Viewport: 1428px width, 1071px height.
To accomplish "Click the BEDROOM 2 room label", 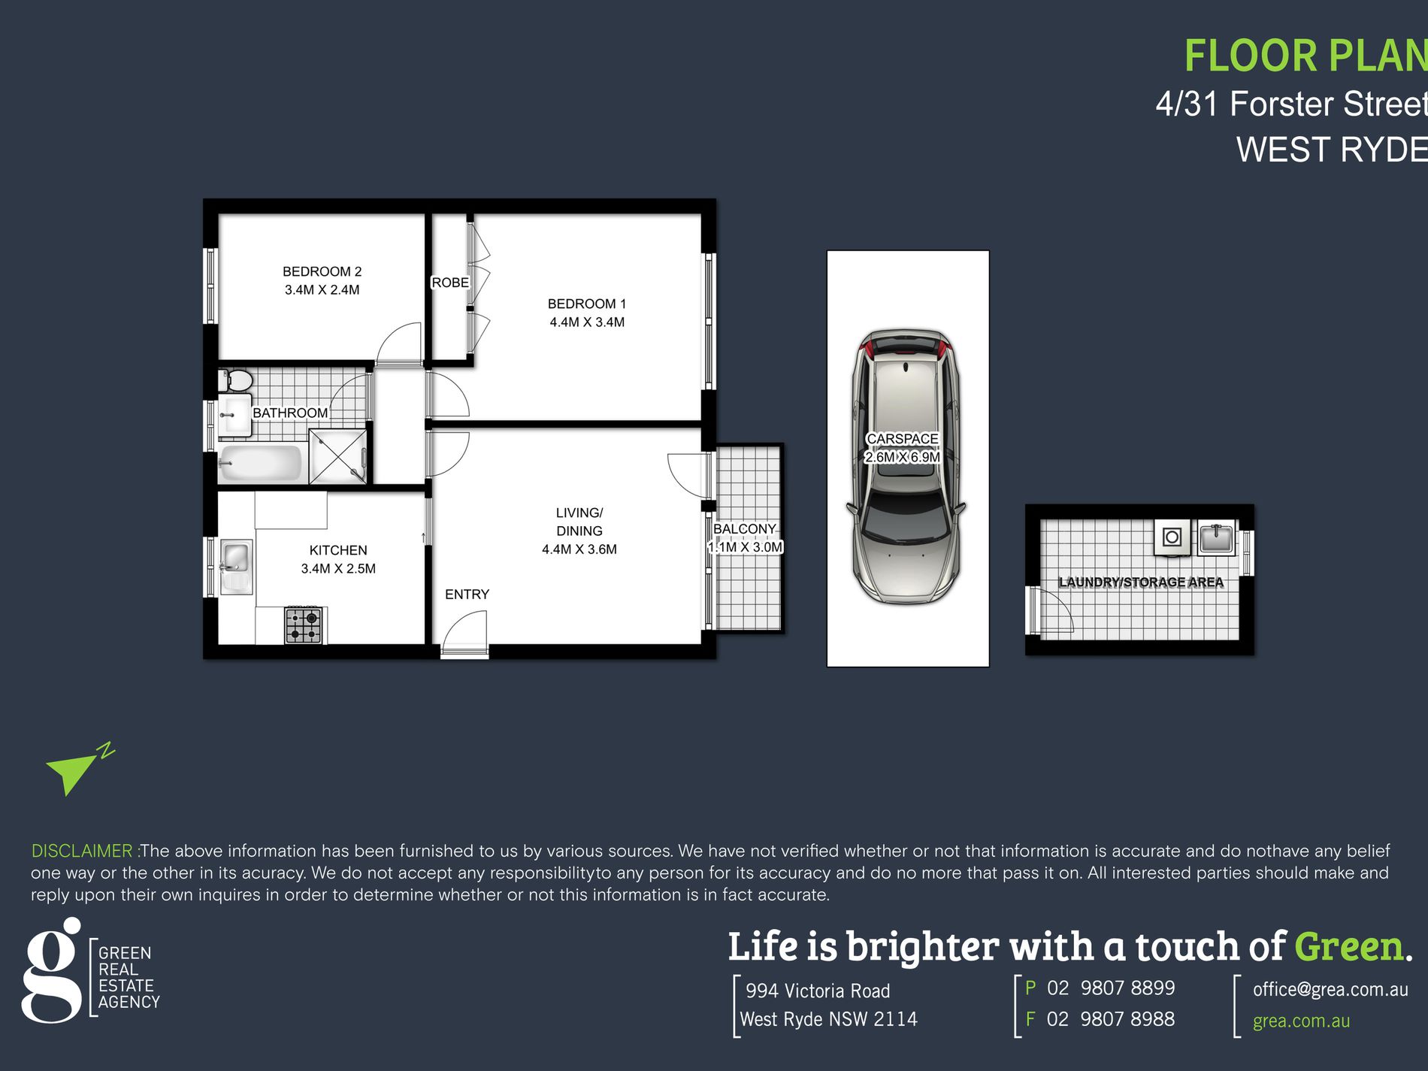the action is click(x=322, y=271).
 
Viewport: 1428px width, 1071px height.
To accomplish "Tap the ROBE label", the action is click(x=450, y=283).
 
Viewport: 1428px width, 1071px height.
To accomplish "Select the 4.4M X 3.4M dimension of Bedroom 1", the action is click(x=587, y=322).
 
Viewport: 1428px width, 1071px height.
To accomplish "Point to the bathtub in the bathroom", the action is click(x=260, y=463).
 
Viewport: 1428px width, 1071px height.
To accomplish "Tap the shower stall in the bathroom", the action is click(x=338, y=456).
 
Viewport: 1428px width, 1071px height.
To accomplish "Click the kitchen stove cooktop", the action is click(x=304, y=625).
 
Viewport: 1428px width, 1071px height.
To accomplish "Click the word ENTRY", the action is click(x=467, y=594).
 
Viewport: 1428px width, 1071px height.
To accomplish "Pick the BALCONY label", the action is click(x=744, y=529).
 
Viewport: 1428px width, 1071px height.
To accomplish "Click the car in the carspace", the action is click(x=906, y=466).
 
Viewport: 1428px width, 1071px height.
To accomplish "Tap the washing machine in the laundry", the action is click(x=1172, y=537).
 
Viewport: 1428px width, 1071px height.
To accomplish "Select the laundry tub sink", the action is click(x=1215, y=537).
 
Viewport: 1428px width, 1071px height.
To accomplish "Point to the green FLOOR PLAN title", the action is click(x=1305, y=56).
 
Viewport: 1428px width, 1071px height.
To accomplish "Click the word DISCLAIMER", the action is click(x=82, y=851).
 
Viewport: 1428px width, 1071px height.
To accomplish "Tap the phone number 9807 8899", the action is click(x=1127, y=988).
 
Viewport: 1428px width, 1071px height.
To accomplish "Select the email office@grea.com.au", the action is click(x=1330, y=990).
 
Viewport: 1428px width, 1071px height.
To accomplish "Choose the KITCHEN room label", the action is click(x=338, y=550).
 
